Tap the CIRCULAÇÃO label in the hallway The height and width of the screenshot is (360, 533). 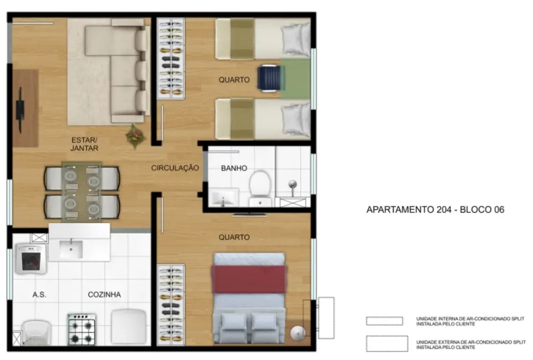(175, 168)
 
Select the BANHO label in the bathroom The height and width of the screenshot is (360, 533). (234, 168)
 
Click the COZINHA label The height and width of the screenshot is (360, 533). (104, 295)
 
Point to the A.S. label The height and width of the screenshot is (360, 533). (39, 295)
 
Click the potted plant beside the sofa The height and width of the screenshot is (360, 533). (135, 136)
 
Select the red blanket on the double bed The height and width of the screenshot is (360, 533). (249, 279)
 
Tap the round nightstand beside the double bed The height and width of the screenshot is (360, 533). (298, 332)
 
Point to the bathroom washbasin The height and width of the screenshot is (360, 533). (223, 197)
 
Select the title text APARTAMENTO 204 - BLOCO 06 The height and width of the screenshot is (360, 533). (435, 210)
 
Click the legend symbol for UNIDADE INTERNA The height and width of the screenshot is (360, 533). (384, 321)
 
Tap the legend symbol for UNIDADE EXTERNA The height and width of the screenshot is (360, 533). (384, 343)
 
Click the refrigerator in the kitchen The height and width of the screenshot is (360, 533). (128, 326)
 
